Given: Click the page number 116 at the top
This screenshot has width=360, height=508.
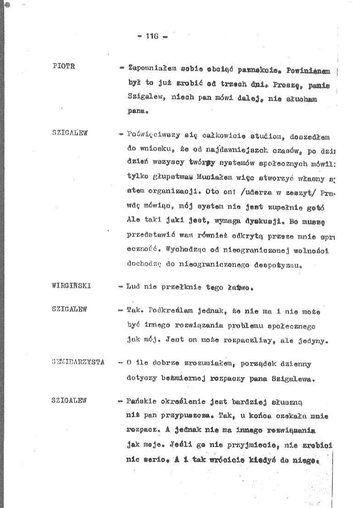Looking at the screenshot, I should point(152,37).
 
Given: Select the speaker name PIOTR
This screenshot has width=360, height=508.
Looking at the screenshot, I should point(64,66).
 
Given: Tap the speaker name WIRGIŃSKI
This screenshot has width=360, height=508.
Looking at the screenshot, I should point(72,286).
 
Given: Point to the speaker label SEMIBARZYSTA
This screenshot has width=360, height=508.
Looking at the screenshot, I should point(78,362).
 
